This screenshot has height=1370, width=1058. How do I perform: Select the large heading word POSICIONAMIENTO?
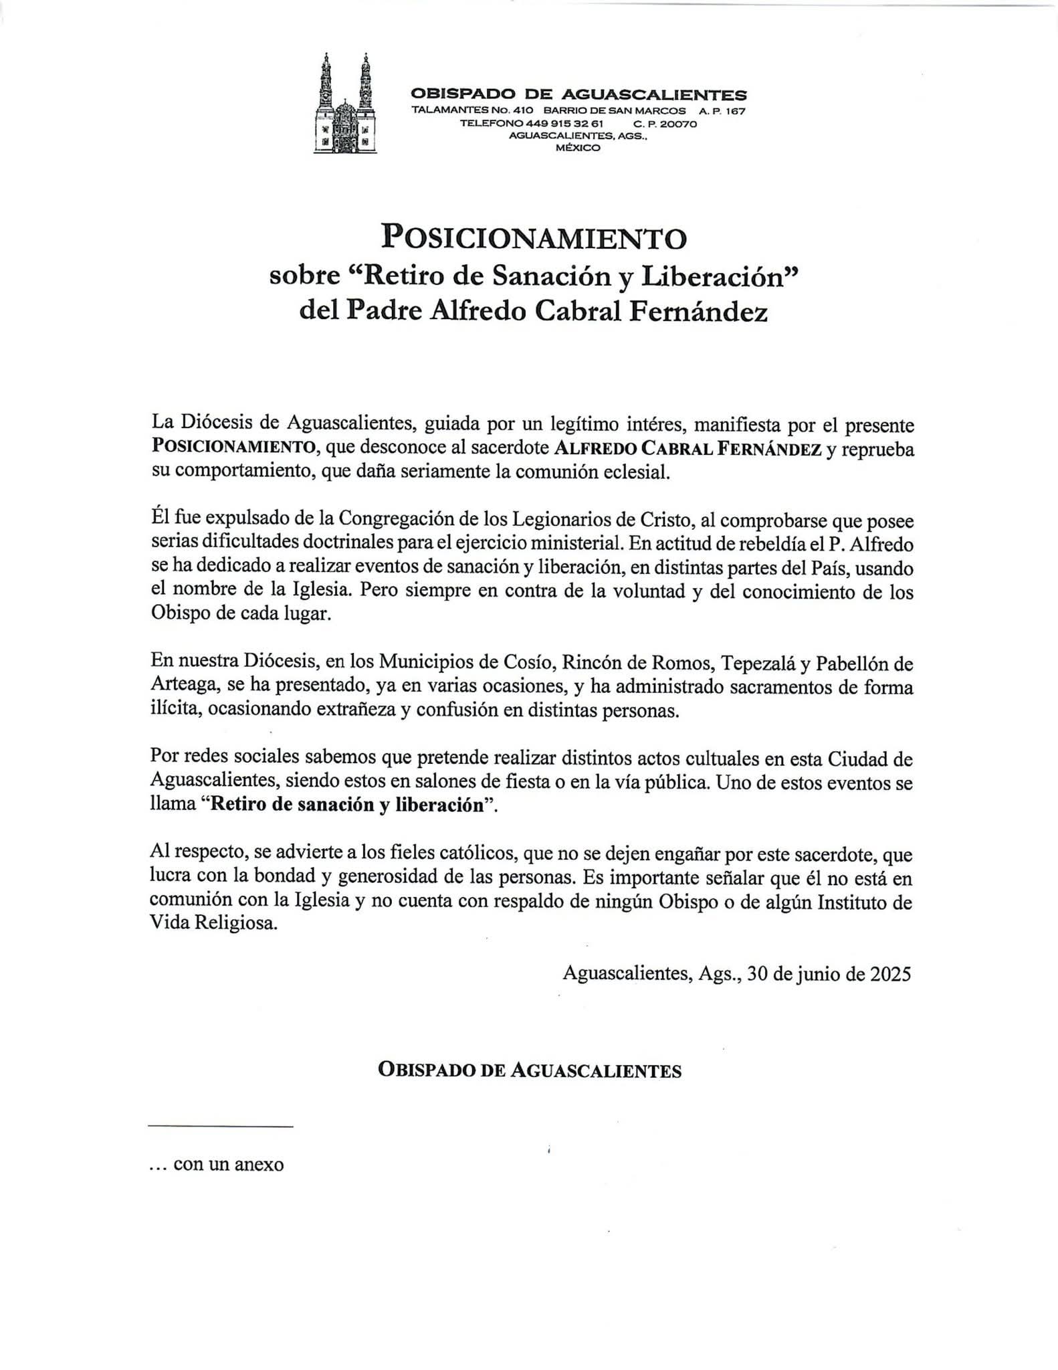coord(534,237)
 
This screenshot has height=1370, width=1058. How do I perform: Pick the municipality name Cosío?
coord(525,664)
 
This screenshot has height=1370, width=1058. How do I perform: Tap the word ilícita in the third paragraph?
coord(174,710)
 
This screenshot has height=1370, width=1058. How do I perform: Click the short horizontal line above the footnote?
coord(220,1127)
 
